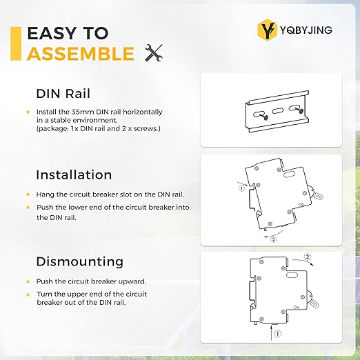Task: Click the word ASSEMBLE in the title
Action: (x=80, y=54)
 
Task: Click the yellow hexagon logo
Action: (x=266, y=30)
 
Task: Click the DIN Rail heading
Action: (x=63, y=94)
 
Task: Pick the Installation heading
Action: (x=74, y=174)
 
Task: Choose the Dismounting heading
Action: (x=79, y=261)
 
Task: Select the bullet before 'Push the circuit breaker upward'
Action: (x=28, y=281)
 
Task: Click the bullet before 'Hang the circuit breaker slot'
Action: (x=28, y=195)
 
